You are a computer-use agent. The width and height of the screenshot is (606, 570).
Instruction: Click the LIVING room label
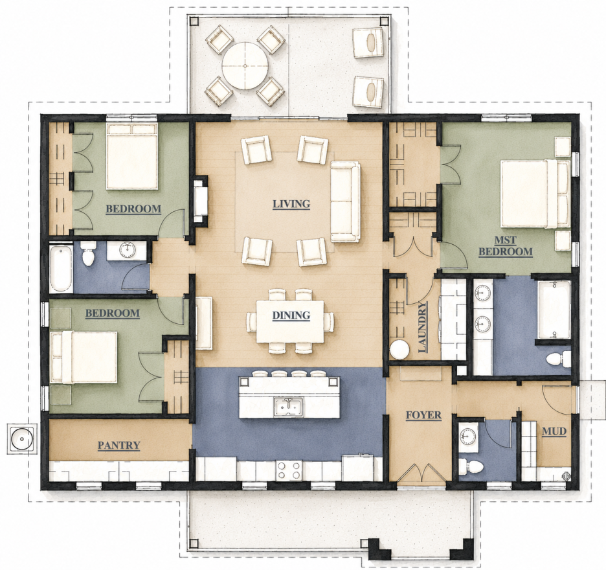pos(291,204)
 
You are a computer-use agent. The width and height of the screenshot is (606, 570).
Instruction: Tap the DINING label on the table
pos(291,315)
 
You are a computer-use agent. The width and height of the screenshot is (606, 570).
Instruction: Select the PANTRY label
pos(118,446)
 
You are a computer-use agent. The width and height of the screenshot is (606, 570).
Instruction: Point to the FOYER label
pos(423,415)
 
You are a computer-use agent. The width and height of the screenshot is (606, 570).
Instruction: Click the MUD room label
pos(554,431)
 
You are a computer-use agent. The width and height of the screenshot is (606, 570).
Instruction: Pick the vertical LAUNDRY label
pos(423,327)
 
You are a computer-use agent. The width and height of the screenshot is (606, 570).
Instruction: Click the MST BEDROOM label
pos(506,246)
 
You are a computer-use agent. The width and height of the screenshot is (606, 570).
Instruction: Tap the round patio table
pos(245,66)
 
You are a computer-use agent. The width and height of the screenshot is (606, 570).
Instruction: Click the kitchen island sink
pos(289,407)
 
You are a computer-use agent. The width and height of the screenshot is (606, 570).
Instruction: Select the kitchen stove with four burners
pos(289,470)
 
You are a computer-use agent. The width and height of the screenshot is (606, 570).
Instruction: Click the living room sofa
pos(346,202)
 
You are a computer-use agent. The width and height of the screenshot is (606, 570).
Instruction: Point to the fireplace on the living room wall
pos(201,199)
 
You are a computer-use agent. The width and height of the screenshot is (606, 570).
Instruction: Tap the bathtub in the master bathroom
pos(554,310)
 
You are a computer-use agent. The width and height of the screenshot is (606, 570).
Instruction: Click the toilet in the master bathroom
pos(559,359)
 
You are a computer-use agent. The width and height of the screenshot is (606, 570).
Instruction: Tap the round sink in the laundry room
pos(399,350)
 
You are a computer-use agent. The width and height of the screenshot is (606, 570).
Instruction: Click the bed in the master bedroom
pos(535,194)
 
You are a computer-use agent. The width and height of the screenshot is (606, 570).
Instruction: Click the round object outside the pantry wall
pos(22,439)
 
